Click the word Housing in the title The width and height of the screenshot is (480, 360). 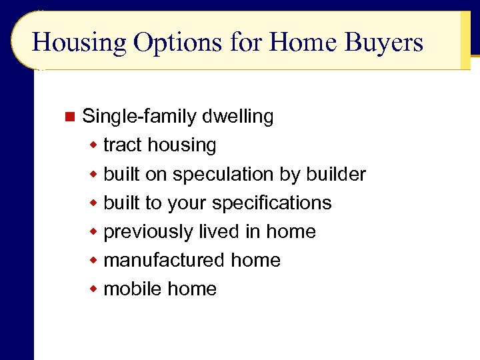click(x=79, y=43)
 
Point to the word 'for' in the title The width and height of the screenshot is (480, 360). click(x=245, y=43)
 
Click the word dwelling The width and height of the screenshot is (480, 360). click(x=238, y=117)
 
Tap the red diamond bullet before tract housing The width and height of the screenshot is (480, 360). click(x=95, y=145)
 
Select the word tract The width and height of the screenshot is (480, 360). click(x=123, y=145)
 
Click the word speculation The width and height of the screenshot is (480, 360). click(x=223, y=175)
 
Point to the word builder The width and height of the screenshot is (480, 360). click(x=336, y=174)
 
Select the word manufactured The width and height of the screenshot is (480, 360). click(x=166, y=260)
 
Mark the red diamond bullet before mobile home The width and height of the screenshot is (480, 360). click(x=95, y=289)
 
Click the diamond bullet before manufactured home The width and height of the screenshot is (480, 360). click(x=95, y=261)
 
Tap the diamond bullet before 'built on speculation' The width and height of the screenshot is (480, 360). click(x=95, y=175)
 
